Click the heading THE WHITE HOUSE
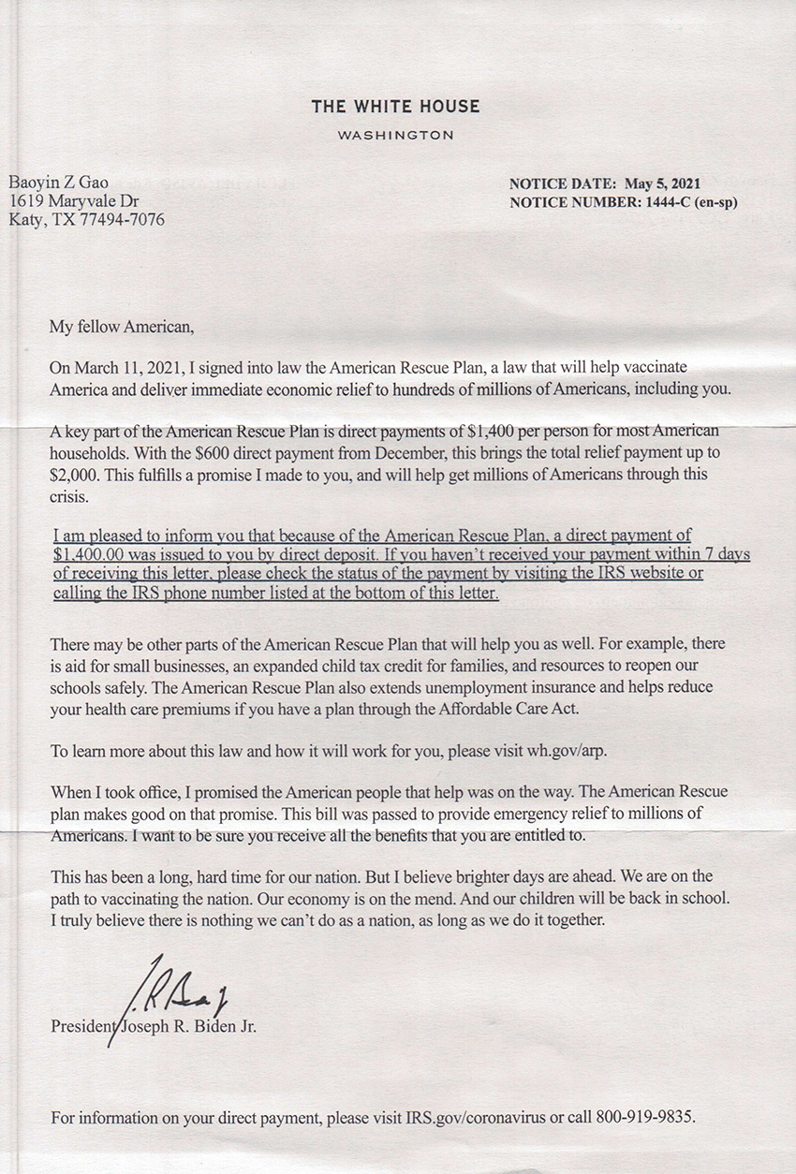(x=395, y=107)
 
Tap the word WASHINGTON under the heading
(x=395, y=135)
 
